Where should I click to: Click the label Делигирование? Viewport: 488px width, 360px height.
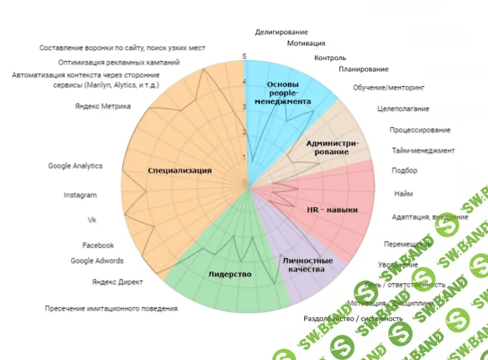tap(281, 32)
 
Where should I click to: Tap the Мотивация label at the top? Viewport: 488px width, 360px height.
tap(305, 44)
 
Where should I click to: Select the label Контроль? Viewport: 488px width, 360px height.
tap(330, 58)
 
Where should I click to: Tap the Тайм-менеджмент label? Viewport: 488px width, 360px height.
tap(423, 151)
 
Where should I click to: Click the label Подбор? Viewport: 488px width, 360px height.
tap(404, 171)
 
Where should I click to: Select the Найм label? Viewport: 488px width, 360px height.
tap(403, 194)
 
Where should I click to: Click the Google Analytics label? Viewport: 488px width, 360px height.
tap(75, 166)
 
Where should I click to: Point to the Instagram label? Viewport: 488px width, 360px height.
tap(80, 195)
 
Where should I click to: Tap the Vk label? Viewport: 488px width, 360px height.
tap(91, 219)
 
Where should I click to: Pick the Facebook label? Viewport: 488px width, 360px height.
tap(98, 245)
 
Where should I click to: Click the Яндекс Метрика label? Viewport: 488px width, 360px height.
tap(103, 106)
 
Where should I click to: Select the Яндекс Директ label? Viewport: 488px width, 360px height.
tap(118, 281)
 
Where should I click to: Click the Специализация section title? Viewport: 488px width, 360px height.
tap(179, 171)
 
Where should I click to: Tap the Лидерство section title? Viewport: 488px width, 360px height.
tap(230, 274)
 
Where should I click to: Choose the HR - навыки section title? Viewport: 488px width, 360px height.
tap(332, 209)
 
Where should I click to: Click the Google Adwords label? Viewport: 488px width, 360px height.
tap(97, 260)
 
